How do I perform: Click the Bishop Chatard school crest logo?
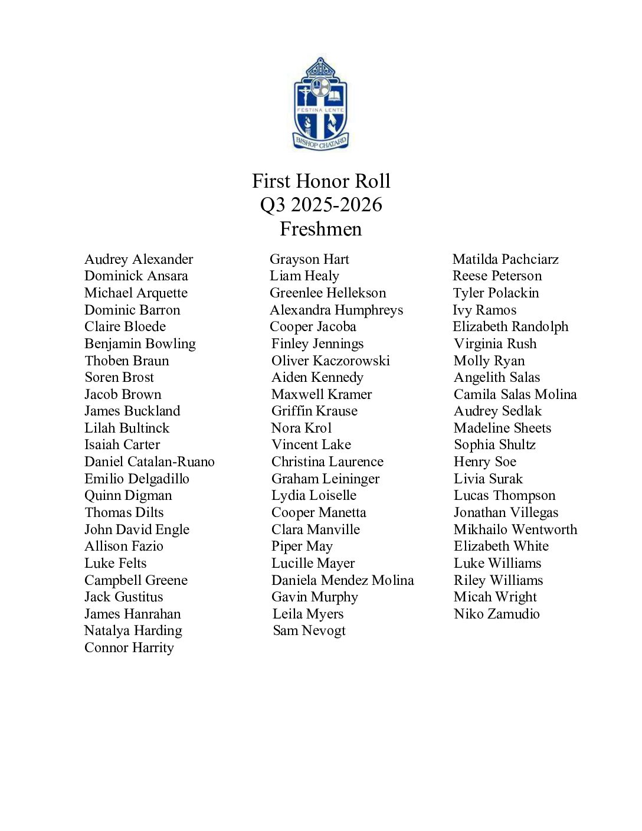321,104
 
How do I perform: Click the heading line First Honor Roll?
321,181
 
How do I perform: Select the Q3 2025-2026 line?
321,205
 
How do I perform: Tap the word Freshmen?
321,229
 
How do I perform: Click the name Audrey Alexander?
139,259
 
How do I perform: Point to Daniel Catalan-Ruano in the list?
149,462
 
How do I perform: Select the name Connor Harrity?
129,647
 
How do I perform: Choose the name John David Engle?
137,529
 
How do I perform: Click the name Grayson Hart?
309,259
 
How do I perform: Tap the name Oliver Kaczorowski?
330,361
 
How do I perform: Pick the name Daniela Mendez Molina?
342,580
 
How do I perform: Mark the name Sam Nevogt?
309,630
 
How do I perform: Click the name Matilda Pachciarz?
505,259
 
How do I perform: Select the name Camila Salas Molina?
515,394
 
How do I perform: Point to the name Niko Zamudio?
496,614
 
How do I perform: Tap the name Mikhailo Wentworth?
515,529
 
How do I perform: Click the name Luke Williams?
497,563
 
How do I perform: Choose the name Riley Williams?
498,580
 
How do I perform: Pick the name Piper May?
302,547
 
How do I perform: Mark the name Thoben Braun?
127,361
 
